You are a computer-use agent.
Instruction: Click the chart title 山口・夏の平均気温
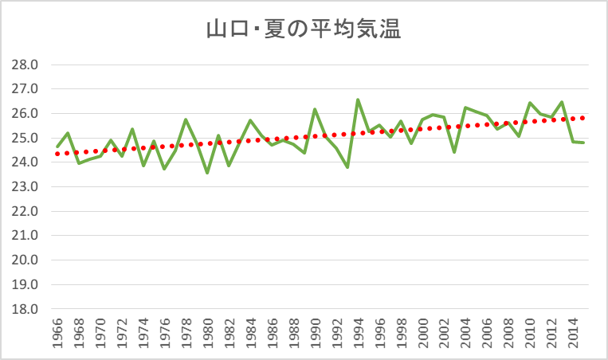point(303,30)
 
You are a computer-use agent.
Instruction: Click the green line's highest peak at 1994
point(358,100)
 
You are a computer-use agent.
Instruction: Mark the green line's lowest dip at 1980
point(207,173)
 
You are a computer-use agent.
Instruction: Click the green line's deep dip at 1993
point(347,167)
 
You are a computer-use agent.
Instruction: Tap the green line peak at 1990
point(315,109)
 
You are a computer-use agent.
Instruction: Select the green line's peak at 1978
point(186,120)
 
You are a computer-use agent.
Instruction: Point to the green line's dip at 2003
point(454,152)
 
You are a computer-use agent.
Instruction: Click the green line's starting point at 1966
point(57,147)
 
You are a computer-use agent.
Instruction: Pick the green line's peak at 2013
point(562,102)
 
